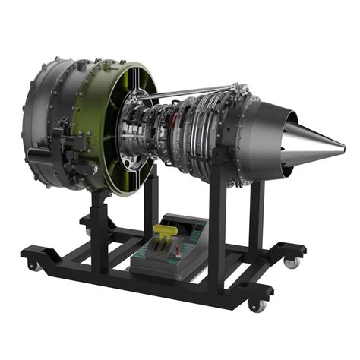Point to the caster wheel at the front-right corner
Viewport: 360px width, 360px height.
pyautogui.click(x=257, y=305)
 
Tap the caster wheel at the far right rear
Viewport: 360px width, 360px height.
pyautogui.click(x=291, y=262)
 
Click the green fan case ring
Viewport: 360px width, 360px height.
pyautogui.click(x=114, y=129)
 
